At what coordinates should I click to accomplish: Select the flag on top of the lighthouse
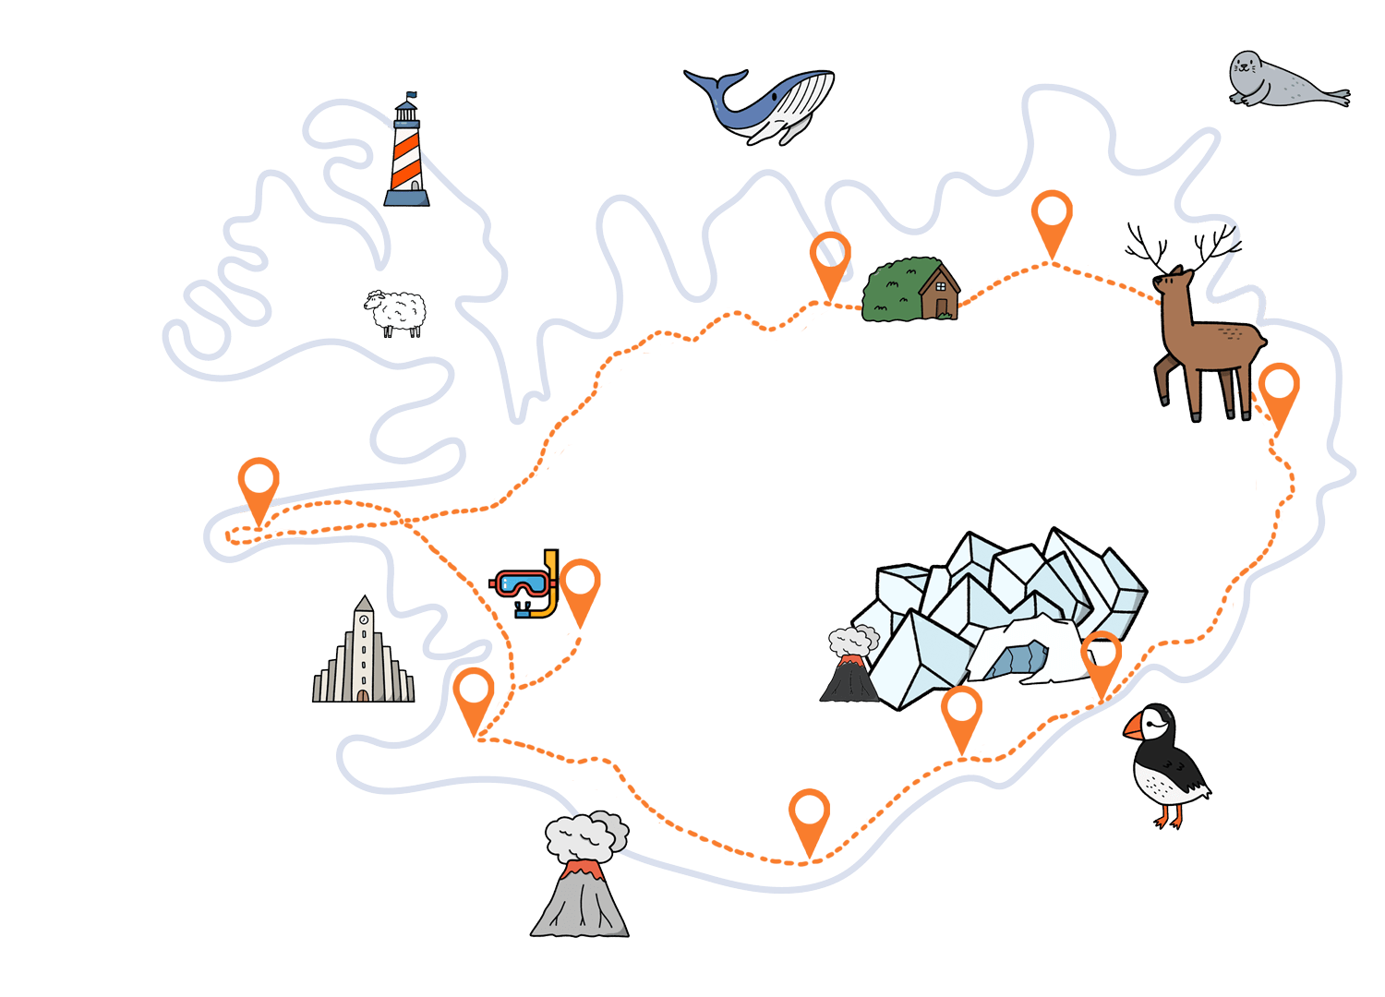[411, 95]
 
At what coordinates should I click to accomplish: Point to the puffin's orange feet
[1169, 821]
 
